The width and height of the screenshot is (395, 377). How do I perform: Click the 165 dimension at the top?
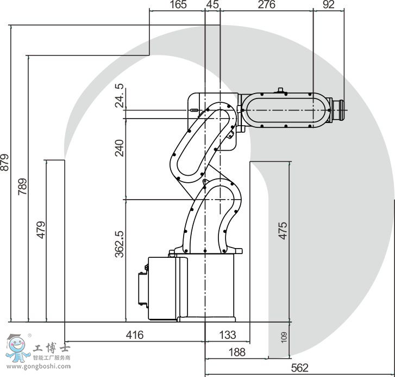[x=178, y=4]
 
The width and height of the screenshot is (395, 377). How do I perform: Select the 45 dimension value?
[x=212, y=4]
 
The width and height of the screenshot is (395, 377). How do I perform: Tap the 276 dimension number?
[x=267, y=4]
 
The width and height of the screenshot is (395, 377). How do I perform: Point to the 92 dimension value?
[x=329, y=4]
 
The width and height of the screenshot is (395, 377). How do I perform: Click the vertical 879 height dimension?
[x=5, y=162]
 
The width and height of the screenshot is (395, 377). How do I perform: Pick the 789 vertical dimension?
[x=22, y=187]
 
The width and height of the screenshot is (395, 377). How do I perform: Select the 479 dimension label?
[x=41, y=230]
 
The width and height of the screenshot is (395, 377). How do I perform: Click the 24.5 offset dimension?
[x=120, y=96]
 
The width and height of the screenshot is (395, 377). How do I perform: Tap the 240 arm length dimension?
[x=120, y=148]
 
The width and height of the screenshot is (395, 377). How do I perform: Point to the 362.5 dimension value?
[x=120, y=244]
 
